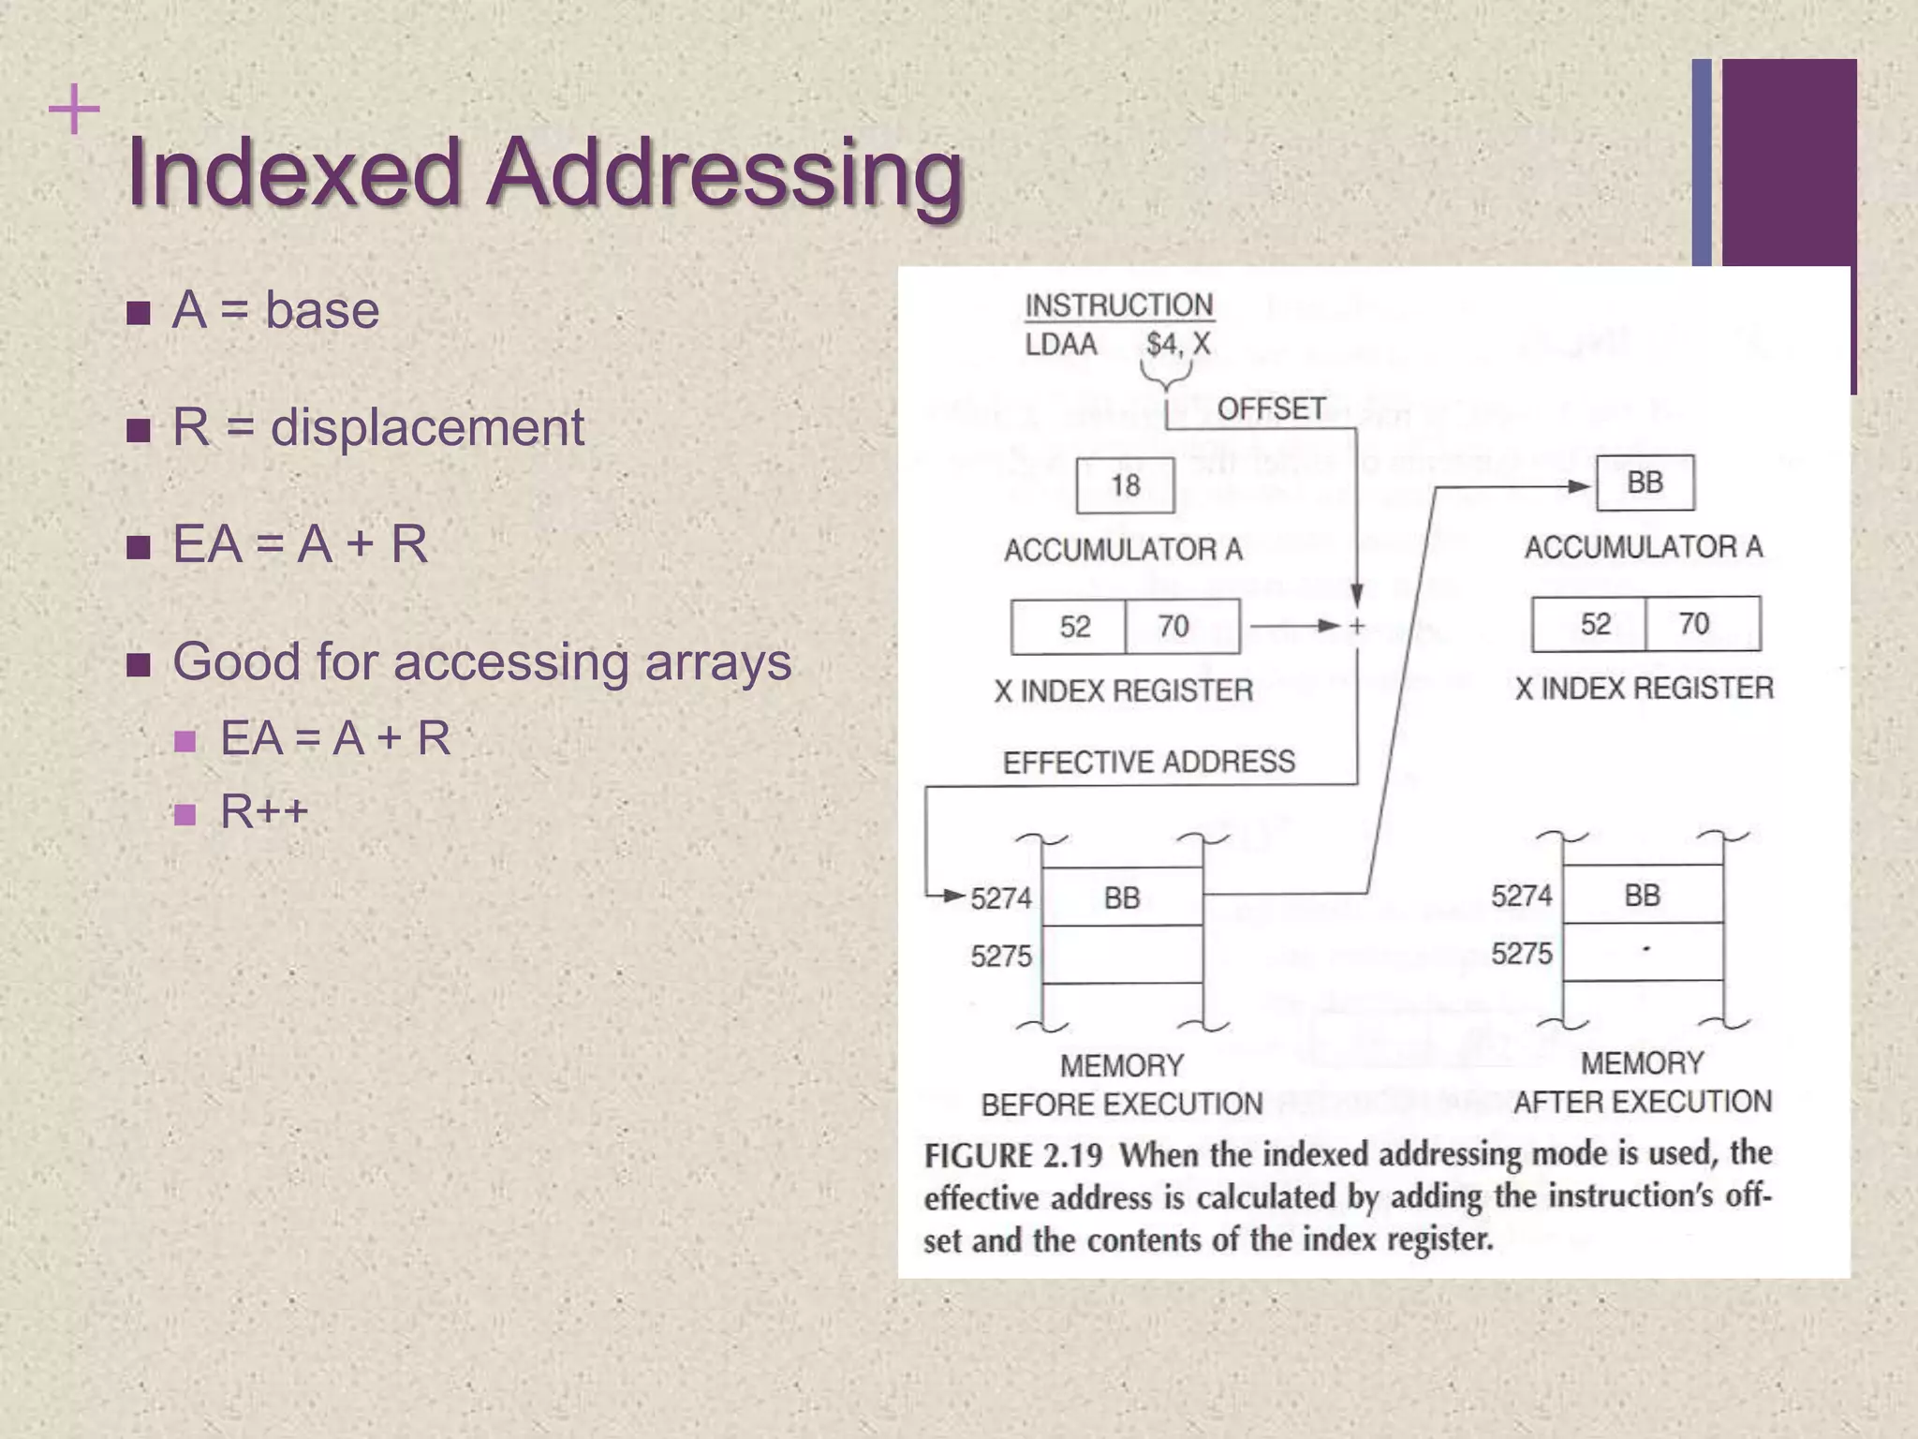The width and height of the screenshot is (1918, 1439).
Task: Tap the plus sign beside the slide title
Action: pyautogui.click(x=73, y=111)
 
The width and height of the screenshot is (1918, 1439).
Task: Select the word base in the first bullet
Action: pyautogui.click(x=322, y=310)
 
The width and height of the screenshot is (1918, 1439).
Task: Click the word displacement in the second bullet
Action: pyautogui.click(x=427, y=427)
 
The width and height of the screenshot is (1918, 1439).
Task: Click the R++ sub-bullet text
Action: pyautogui.click(x=264, y=811)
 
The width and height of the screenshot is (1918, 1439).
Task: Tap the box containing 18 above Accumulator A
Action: pyautogui.click(x=1125, y=485)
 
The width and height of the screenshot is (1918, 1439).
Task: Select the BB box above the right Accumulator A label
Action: pyautogui.click(x=1645, y=482)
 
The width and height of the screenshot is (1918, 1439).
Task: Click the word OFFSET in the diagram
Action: pyautogui.click(x=1271, y=409)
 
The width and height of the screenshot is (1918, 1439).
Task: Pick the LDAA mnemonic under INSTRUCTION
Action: pyautogui.click(x=1061, y=345)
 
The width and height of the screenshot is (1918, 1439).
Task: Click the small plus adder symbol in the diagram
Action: pyautogui.click(x=1357, y=626)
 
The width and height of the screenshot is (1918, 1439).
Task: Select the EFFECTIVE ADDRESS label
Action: pyautogui.click(x=1149, y=762)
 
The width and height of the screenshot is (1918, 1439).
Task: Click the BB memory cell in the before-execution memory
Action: pyautogui.click(x=1122, y=898)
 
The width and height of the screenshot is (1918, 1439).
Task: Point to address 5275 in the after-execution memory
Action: pyautogui.click(x=1522, y=954)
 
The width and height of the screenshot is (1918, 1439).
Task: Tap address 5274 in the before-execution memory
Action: pyautogui.click(x=1001, y=898)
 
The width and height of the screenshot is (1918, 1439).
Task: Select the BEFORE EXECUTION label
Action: pyautogui.click(x=1122, y=1105)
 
